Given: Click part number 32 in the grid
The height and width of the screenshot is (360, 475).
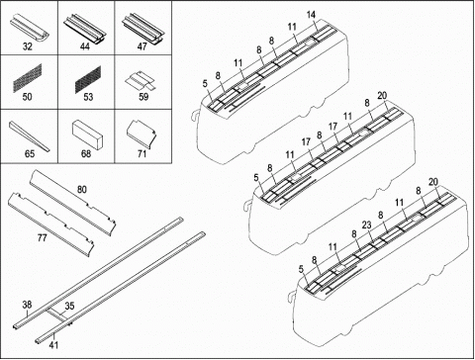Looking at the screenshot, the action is pyautogui.click(x=28, y=46).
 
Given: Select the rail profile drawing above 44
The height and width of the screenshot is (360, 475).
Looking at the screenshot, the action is pyautogui.click(x=85, y=28).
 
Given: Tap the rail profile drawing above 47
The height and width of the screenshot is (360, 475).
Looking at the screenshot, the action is pyautogui.click(x=142, y=28).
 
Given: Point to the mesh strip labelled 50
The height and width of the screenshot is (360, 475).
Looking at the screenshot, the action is pyautogui.click(x=28, y=78).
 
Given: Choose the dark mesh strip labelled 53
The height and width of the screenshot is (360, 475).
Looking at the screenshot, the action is pyautogui.click(x=88, y=79).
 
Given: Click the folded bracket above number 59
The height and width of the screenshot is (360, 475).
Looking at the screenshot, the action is pyautogui.click(x=140, y=80).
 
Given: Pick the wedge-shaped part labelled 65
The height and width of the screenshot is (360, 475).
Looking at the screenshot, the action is pyautogui.click(x=29, y=136).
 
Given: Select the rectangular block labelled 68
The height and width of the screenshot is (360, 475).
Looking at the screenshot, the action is pyautogui.click(x=88, y=135).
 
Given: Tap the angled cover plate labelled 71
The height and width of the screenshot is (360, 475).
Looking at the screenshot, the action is pyautogui.click(x=142, y=134).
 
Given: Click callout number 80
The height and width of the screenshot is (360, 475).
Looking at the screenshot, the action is pyautogui.click(x=82, y=190).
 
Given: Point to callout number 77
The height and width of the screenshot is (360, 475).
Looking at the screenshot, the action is pyautogui.click(x=43, y=237).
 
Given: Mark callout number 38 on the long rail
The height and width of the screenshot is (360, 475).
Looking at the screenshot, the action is pyautogui.click(x=27, y=305).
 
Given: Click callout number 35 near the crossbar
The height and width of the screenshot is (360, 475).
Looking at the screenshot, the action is pyautogui.click(x=69, y=306).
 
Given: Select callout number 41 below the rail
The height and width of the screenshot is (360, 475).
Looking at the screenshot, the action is pyautogui.click(x=53, y=345).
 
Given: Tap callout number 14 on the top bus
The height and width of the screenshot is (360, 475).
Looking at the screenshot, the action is pyautogui.click(x=311, y=15).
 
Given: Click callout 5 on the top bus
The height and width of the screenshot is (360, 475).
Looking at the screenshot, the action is pyautogui.click(x=205, y=83).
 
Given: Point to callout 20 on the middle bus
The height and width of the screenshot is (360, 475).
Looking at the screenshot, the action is pyautogui.click(x=382, y=96).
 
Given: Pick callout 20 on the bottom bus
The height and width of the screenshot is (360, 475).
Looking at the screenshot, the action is pyautogui.click(x=433, y=182).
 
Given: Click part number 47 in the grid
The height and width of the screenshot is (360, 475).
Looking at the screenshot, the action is pyautogui.click(x=142, y=46).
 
